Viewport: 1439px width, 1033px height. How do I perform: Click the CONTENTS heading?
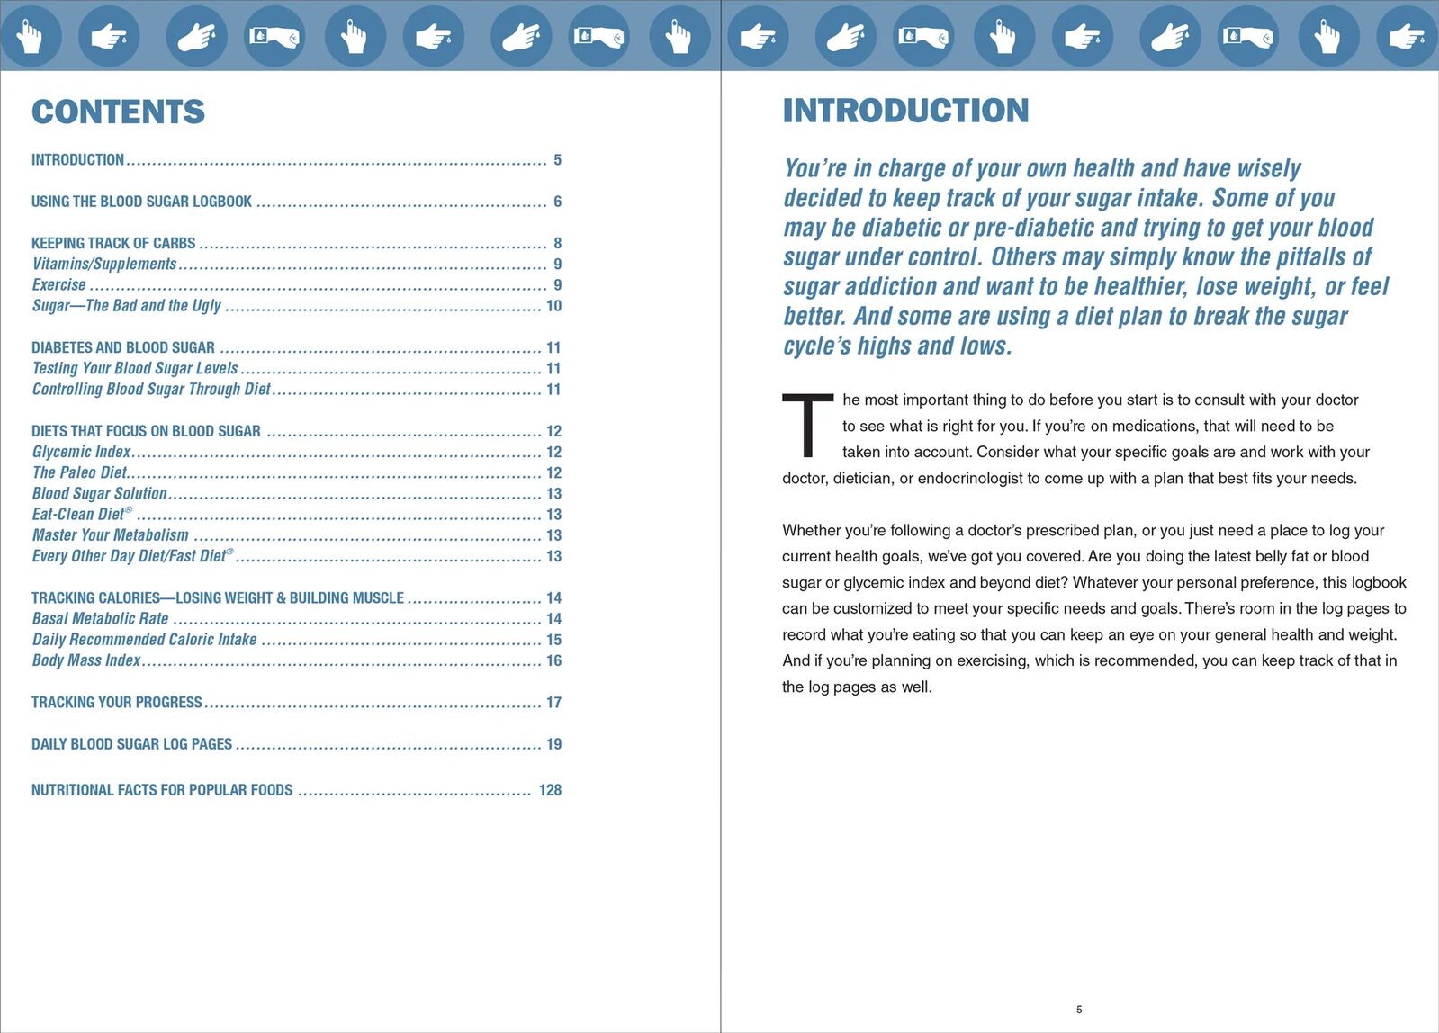tap(118, 112)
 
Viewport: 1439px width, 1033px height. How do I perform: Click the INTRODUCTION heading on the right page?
tap(905, 111)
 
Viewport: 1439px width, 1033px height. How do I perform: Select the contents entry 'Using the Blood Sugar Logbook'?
tap(141, 202)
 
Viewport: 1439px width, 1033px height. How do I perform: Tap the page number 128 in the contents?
tap(550, 790)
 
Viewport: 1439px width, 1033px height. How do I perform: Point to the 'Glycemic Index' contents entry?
tap(81, 452)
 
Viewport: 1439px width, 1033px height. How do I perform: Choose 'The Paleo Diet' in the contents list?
tap(79, 472)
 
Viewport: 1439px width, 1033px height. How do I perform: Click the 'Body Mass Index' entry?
tap(86, 660)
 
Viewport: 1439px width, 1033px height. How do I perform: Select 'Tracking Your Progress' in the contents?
tap(117, 702)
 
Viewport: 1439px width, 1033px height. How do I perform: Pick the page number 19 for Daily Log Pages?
tap(553, 744)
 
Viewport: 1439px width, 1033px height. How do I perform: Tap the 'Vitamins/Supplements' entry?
tap(104, 264)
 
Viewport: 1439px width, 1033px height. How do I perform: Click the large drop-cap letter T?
tap(807, 425)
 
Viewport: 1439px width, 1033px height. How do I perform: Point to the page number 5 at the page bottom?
tap(1079, 1010)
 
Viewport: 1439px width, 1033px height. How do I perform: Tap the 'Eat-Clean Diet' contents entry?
tap(79, 515)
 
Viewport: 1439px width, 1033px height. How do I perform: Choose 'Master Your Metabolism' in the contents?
tap(110, 535)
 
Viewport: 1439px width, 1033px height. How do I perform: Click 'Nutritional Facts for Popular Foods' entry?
tap(162, 790)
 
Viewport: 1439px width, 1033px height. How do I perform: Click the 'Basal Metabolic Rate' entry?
tap(100, 619)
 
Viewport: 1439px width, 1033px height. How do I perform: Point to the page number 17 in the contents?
tap(553, 702)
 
